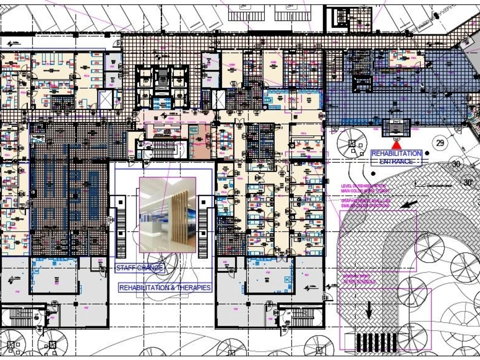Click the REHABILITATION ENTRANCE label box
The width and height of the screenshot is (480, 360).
[396, 157]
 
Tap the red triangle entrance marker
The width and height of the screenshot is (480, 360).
[396, 144]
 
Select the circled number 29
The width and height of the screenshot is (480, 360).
[439, 143]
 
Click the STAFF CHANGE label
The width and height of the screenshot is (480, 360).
[140, 268]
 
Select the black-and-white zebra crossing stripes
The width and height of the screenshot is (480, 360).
[376, 342]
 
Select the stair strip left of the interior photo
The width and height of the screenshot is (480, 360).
[121, 226]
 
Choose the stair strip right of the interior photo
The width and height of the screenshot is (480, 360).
[204, 226]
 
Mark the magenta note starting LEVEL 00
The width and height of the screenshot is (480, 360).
[364, 188]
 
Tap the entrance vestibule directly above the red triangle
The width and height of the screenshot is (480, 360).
[396, 128]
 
